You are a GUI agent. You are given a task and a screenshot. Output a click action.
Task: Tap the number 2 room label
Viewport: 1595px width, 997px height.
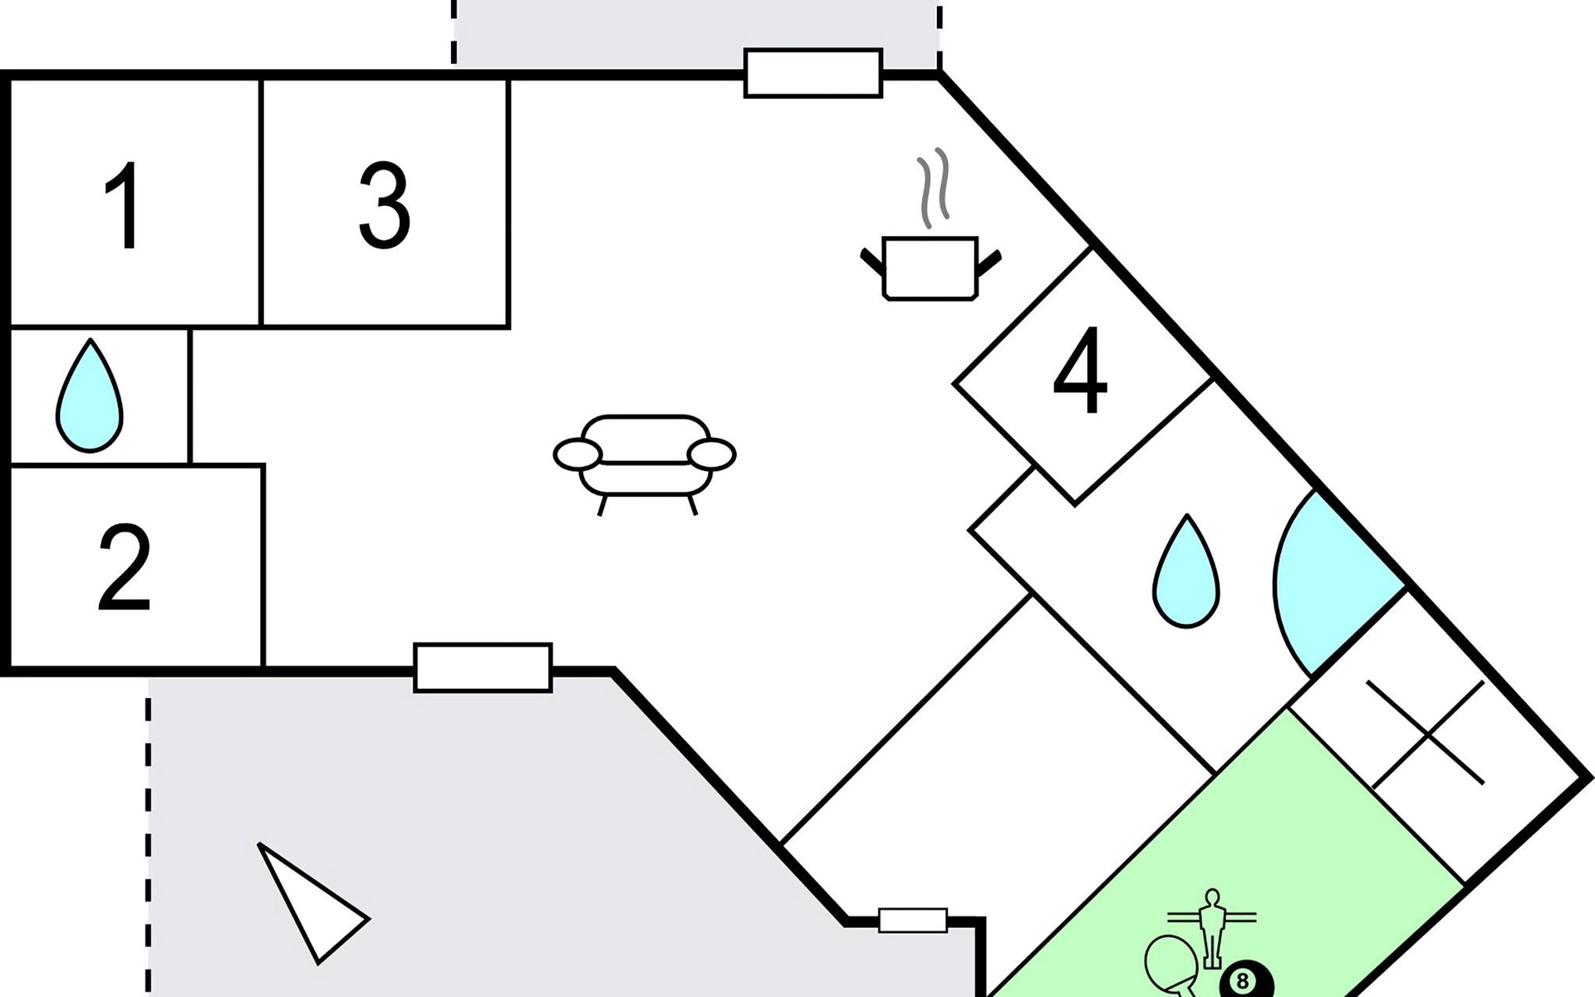125,568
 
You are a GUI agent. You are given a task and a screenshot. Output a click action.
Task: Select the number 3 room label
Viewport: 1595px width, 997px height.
385,205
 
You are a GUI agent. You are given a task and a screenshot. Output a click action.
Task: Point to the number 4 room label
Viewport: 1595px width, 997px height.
1080,371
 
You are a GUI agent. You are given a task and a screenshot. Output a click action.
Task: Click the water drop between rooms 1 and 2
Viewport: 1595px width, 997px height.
89,395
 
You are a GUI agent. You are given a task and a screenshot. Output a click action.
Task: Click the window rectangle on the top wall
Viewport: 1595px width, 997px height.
812,73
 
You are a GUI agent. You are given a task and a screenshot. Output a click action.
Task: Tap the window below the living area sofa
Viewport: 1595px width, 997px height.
483,667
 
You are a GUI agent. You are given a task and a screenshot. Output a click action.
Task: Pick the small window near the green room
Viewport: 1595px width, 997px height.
913,921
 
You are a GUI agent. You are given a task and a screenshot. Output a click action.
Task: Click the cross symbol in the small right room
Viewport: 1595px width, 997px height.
1426,734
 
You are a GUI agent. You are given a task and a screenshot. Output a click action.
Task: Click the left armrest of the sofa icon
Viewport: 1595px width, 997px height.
577,455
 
